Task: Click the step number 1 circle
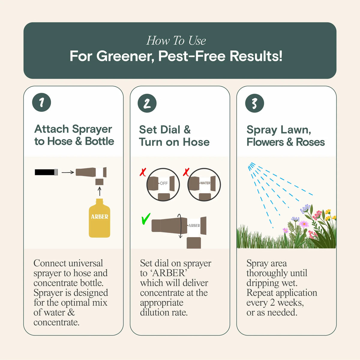[x=41, y=103]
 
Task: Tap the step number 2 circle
[x=147, y=103]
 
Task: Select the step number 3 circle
[x=254, y=103]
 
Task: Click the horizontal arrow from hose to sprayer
[x=67, y=172]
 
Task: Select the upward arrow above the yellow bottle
[x=100, y=191]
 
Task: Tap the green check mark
[x=145, y=219]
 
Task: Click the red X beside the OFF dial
[x=143, y=172]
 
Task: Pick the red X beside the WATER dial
[x=186, y=172]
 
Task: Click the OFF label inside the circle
[x=163, y=183]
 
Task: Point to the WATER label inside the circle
[x=205, y=183]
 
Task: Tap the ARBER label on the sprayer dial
[x=194, y=225]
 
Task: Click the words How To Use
[x=176, y=41]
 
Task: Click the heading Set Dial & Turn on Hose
[x=174, y=136]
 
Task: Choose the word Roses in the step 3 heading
[x=310, y=142]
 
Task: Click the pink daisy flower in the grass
[x=304, y=224]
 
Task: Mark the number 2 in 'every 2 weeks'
[x=272, y=303]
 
